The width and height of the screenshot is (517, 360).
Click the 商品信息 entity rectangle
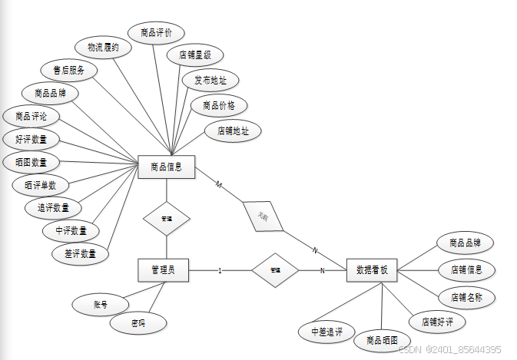[x=167, y=167]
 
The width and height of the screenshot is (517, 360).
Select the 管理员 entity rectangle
[x=164, y=270]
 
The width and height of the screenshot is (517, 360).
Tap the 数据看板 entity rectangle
[x=373, y=270]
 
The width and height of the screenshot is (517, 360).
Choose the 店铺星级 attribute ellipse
[x=195, y=55]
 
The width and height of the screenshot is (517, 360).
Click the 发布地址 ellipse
[x=210, y=80]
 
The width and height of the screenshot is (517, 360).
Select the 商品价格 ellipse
[x=219, y=105]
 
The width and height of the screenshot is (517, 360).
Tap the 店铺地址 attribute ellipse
[x=234, y=130]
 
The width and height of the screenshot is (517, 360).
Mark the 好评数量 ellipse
[x=31, y=140]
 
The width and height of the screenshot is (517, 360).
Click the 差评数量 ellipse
[x=81, y=253]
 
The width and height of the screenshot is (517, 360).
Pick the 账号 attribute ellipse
[x=100, y=305]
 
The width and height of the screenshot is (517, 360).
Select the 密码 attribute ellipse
[x=138, y=325]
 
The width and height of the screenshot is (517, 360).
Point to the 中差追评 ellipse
[x=326, y=332]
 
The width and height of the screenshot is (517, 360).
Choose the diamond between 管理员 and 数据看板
[x=275, y=270]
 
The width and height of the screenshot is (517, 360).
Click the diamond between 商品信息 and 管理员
[x=167, y=219]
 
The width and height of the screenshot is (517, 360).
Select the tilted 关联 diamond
[x=263, y=216]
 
